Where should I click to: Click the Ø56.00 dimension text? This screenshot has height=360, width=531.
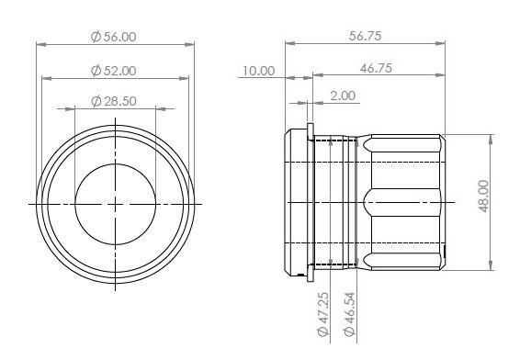[114, 37]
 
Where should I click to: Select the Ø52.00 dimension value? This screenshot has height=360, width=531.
[114, 71]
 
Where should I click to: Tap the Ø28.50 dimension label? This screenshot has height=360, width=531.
[114, 101]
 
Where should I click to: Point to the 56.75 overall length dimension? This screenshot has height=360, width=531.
[365, 36]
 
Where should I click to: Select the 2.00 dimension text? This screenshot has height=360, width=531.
[343, 96]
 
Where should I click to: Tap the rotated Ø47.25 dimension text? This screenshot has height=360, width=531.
[322, 314]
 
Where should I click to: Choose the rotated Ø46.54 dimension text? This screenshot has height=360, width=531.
[348, 314]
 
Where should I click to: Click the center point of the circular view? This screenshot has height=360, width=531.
[115, 202]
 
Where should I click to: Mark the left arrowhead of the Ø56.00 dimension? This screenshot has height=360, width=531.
[40, 44]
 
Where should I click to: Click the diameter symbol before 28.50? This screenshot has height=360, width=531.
[96, 101]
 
